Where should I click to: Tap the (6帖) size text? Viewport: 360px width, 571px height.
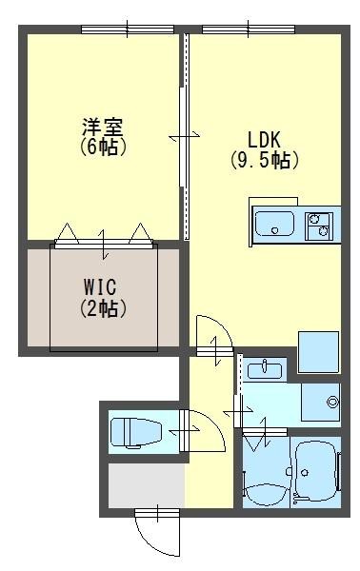(x=102, y=148)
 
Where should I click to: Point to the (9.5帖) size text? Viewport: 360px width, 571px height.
(x=264, y=160)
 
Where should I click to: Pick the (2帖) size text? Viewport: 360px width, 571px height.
(x=102, y=307)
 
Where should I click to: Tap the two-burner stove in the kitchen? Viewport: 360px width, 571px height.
(x=318, y=226)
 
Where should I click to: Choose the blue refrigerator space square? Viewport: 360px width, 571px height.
(x=318, y=352)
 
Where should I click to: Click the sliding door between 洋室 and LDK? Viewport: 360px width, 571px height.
(x=185, y=138)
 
